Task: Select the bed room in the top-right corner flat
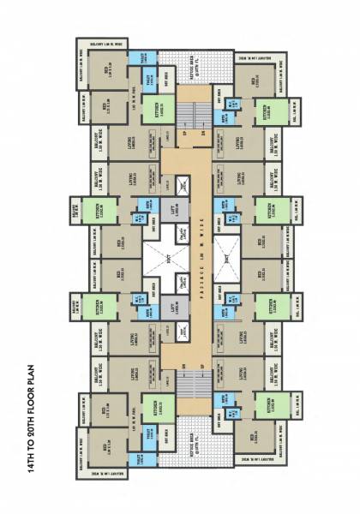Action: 256,84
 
